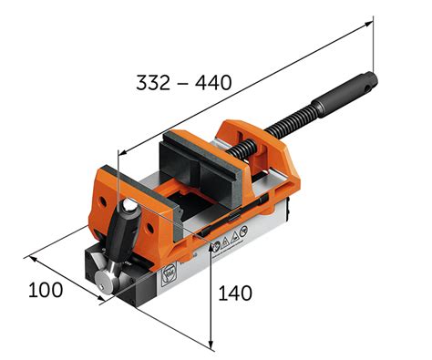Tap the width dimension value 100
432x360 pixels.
(46, 290)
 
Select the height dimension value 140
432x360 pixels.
(234, 293)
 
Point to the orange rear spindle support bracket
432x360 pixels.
(274, 160)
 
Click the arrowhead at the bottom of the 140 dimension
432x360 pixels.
(211, 345)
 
